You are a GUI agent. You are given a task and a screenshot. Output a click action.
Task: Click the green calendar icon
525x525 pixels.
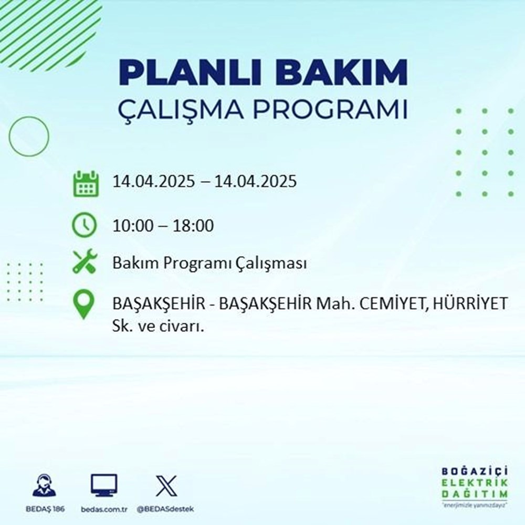(85, 183)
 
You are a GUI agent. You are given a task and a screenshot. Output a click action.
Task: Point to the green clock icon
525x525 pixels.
(85, 226)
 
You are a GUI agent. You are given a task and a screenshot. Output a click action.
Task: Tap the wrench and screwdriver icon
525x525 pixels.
(85, 264)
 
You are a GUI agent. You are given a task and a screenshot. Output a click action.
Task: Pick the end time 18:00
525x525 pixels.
(195, 226)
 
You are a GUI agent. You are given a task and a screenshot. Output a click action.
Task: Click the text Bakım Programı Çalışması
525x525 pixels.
(209, 264)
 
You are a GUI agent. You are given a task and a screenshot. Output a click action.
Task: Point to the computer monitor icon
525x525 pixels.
(104, 486)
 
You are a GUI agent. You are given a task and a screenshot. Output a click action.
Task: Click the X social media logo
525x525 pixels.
(165, 486)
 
